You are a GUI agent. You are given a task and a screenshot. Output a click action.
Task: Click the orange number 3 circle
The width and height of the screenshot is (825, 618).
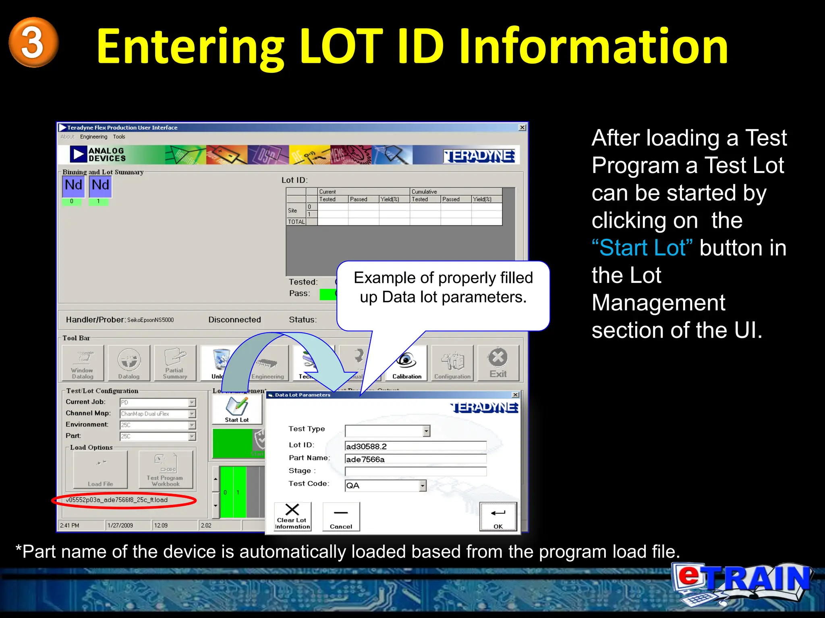[x=33, y=42]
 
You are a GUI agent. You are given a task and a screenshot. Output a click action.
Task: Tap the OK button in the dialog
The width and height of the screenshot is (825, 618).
[x=498, y=517]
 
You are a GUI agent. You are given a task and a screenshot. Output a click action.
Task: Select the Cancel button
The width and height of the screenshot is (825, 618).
[x=341, y=517]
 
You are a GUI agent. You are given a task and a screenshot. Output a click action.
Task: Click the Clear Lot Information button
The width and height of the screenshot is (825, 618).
[x=292, y=517]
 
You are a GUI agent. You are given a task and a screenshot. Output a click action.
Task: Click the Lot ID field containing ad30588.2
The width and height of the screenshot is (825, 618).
[x=415, y=446]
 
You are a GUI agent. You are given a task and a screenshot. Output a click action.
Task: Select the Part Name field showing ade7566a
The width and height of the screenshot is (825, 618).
[x=415, y=459]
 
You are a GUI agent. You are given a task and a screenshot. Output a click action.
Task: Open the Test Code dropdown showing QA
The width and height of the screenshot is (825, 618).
[x=423, y=486]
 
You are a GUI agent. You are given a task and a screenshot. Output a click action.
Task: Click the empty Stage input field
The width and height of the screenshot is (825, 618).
[x=415, y=472]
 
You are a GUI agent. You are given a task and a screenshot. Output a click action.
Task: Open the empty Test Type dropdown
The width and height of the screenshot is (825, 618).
[x=427, y=431]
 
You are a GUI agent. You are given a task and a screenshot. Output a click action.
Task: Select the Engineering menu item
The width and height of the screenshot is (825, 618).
[x=93, y=137]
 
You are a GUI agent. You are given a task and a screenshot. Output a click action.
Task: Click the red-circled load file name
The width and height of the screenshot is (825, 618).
[x=117, y=500]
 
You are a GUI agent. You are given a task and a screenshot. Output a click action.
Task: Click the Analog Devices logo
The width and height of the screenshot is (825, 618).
[x=99, y=154]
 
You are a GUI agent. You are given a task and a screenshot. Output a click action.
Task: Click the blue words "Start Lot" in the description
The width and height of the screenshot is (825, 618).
[x=642, y=248]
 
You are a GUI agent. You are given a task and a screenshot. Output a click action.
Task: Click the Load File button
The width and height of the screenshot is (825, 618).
[x=100, y=470]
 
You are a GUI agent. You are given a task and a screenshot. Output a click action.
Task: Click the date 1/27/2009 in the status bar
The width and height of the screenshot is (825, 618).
[x=120, y=525]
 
